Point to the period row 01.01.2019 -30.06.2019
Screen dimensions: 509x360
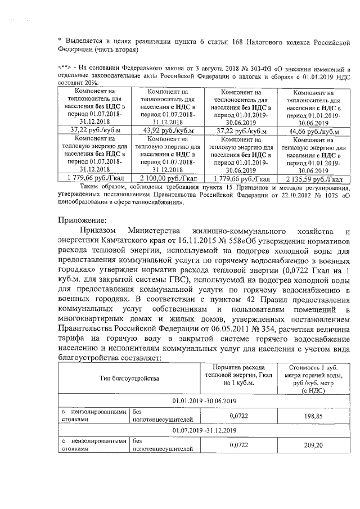tap(204, 400)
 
